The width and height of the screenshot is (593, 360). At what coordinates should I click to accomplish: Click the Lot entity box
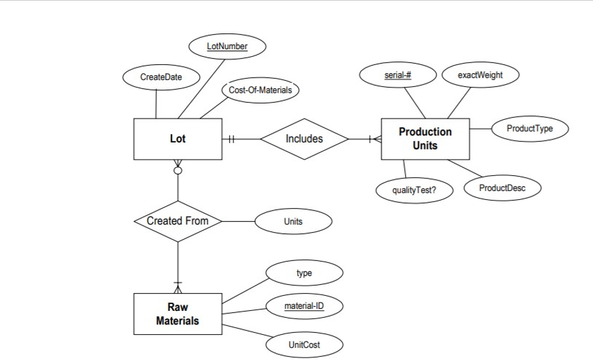(178, 139)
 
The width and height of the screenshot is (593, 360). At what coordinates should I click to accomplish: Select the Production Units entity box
(425, 139)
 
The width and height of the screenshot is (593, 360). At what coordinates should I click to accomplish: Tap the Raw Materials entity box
(178, 313)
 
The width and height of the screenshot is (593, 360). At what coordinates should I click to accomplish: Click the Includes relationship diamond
(304, 139)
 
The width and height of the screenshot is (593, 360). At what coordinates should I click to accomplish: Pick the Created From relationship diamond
(178, 221)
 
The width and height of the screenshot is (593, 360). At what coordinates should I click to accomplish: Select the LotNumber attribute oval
(227, 46)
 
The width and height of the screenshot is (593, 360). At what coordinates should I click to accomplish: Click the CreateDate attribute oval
(161, 77)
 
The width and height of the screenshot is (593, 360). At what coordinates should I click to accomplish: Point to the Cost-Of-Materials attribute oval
(260, 90)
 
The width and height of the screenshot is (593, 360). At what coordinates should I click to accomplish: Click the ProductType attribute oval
(529, 129)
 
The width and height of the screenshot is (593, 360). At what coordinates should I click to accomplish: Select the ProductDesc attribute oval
(502, 188)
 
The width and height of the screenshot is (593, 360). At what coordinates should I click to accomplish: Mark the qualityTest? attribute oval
(414, 190)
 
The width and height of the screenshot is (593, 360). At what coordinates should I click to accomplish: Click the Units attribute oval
(293, 221)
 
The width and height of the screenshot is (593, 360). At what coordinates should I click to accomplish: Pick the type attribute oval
(304, 273)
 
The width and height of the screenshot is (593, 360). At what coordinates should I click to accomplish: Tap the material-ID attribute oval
(304, 306)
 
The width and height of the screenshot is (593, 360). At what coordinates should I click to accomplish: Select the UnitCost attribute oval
(304, 345)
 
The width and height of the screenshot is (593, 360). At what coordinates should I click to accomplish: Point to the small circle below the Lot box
(178, 170)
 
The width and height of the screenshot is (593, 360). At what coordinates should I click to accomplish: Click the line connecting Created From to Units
(238, 221)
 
